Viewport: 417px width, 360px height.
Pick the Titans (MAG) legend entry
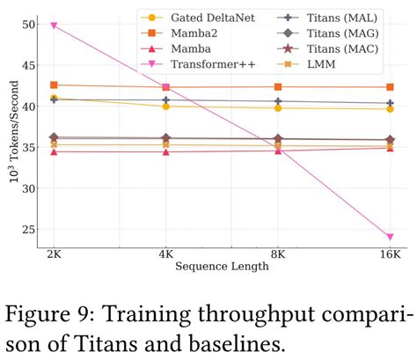pos(327,32)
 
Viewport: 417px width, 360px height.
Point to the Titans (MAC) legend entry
pos(327,48)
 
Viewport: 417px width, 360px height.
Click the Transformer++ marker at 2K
pos(54,26)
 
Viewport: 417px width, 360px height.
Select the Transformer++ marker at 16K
pos(390,237)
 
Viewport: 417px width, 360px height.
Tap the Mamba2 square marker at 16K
pos(390,87)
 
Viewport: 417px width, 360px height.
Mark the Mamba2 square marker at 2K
pos(54,84)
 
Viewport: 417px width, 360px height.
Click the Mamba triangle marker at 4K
pos(165,151)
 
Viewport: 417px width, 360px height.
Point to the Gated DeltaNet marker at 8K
pos(278,107)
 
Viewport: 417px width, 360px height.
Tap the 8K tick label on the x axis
pos(278,253)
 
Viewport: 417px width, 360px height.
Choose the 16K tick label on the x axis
pos(389,253)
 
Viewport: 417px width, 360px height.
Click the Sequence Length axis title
pos(221,267)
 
